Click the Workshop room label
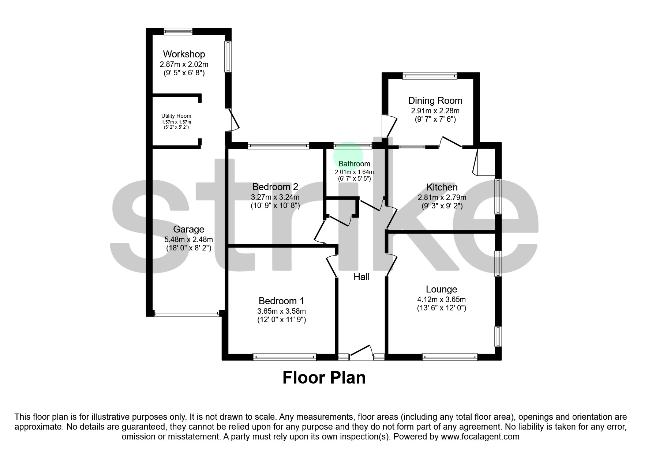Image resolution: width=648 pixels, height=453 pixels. pos(184,54)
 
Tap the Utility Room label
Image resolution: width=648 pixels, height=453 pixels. pos(176,116)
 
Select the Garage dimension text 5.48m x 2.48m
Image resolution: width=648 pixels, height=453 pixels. pos(188,239)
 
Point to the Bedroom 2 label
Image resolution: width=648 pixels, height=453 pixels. pos(275,187)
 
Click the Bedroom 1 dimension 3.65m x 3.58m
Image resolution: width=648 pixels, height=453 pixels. pos(281,311)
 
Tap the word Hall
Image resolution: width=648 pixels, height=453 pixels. pos(362,277)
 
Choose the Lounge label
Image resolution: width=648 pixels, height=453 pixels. pos(441,290)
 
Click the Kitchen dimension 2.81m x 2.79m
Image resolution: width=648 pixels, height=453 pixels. pos(442,197)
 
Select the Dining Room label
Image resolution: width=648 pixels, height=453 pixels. pos(435,101)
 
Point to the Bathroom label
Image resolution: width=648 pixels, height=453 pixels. pos(354,164)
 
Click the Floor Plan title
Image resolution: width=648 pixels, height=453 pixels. pos(324,378)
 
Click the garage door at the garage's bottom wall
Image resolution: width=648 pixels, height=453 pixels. pos(187,313)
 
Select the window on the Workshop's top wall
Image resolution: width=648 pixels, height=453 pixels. pos(178,31)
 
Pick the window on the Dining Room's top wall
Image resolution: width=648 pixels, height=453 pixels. pos(430,76)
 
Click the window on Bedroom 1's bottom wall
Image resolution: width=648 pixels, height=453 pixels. pos(285,357)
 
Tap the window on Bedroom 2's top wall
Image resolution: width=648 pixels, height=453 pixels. pos(278,146)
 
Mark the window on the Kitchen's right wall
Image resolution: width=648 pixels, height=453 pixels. pos(498,196)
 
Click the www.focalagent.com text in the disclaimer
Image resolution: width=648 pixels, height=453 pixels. pos(480,437)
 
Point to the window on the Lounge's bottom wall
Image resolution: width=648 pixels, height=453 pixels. pos(450,357)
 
